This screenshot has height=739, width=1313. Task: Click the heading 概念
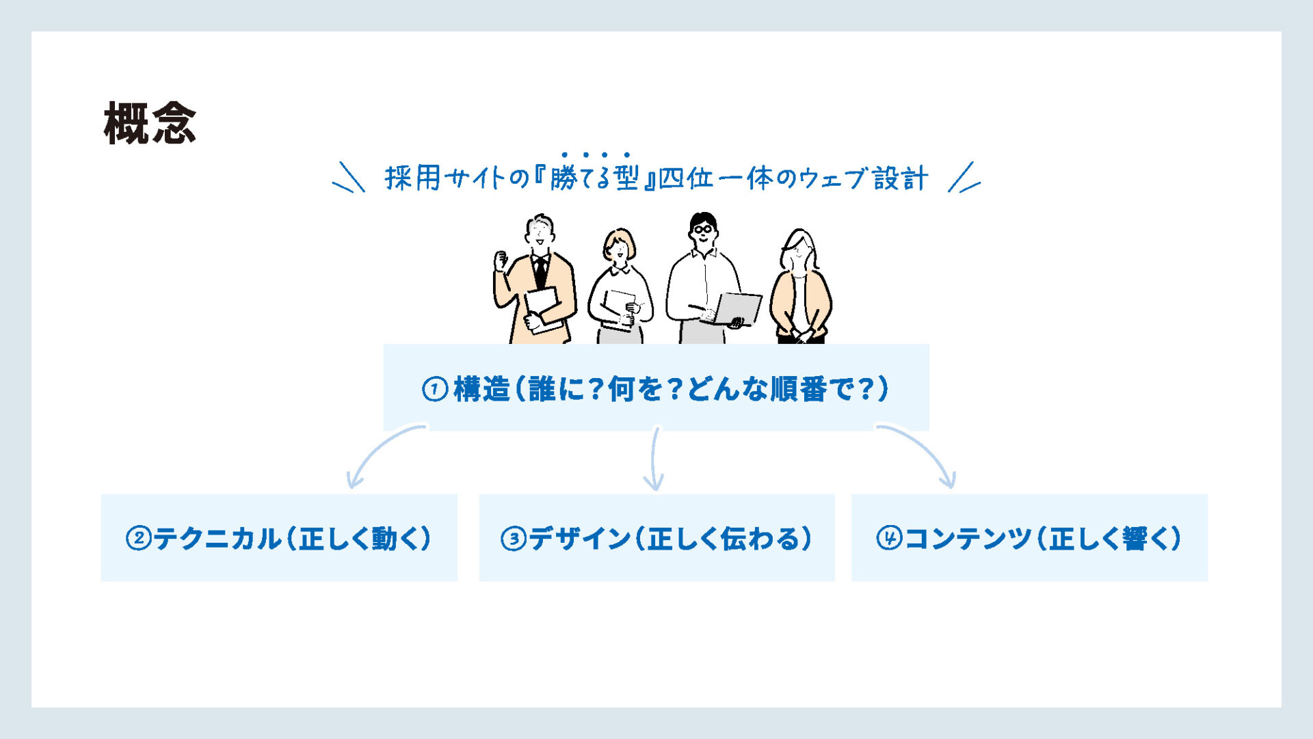150,123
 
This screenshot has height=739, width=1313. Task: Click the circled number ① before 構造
435,390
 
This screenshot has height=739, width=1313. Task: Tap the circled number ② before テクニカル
138,539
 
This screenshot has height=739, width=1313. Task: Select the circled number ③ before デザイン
513,539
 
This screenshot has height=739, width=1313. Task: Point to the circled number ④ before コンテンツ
889,538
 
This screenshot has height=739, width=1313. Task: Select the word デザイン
580,539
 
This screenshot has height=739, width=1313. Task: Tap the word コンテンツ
967,539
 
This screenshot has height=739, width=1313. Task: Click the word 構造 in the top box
482,390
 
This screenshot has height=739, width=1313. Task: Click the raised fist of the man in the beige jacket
501,260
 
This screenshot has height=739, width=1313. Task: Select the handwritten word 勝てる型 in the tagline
594,178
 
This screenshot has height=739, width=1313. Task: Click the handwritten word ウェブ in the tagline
833,178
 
